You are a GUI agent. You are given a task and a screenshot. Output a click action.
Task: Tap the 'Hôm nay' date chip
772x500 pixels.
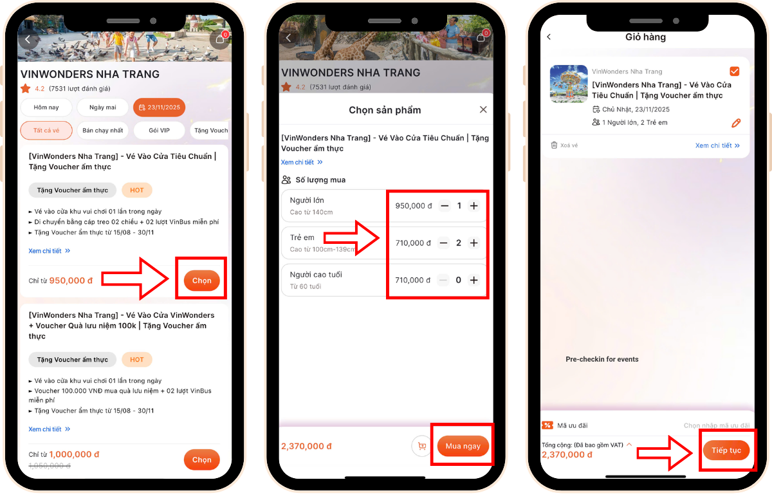click(46, 107)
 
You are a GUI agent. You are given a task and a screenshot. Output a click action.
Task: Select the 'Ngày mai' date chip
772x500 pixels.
click(103, 107)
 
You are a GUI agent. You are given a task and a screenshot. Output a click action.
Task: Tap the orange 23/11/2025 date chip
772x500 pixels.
click(160, 107)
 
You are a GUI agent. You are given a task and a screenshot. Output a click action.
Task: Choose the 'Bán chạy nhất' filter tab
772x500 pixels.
click(103, 131)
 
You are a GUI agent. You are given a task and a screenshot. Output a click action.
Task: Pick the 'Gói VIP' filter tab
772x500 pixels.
click(160, 131)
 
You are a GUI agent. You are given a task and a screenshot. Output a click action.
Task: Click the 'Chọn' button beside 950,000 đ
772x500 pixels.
click(201, 281)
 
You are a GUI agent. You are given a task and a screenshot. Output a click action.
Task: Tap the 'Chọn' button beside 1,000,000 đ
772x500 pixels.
click(201, 459)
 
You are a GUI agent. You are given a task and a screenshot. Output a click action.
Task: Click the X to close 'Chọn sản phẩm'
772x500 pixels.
click(483, 109)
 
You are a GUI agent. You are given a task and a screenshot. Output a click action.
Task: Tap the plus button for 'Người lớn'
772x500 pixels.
click(474, 206)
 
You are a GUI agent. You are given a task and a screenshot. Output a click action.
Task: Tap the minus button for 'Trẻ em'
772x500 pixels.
click(443, 243)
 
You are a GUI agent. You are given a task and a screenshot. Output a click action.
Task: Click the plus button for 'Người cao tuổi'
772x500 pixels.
click(474, 280)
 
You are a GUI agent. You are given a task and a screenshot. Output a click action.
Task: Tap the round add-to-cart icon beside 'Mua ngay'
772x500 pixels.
click(422, 446)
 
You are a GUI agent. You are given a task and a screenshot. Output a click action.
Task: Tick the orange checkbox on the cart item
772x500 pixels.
click(735, 71)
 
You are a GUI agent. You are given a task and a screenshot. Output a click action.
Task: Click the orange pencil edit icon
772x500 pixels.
click(736, 123)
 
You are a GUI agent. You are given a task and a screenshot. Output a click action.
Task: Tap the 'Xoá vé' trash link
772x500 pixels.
click(565, 145)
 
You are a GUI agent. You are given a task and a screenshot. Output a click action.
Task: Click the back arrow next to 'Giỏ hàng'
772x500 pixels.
click(549, 37)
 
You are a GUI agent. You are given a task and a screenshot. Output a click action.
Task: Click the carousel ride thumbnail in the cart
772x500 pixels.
click(569, 84)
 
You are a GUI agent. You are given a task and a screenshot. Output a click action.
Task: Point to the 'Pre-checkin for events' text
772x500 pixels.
click(602, 359)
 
